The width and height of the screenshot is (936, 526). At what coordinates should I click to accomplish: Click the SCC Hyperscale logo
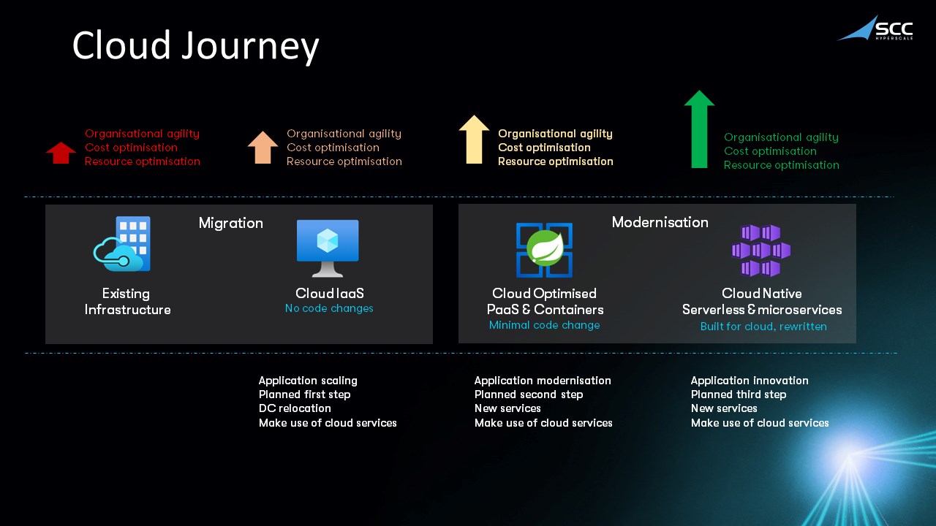[875, 28]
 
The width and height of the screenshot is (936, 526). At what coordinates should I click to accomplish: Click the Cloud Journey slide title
[195, 46]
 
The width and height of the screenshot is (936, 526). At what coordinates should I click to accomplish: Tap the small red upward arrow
[61, 153]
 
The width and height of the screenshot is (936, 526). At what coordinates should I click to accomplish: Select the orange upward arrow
[263, 148]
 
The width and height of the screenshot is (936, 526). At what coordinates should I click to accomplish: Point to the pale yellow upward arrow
[474, 140]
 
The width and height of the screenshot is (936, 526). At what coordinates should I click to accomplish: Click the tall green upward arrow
[699, 129]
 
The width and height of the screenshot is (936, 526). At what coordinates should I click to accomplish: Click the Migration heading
[231, 223]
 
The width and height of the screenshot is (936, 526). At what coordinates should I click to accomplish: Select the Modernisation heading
[660, 222]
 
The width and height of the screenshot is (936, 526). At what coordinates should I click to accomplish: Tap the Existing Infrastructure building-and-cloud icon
[123, 244]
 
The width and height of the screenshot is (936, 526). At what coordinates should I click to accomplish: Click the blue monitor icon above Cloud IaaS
[328, 248]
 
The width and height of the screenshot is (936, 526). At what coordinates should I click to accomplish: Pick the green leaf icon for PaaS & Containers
[544, 250]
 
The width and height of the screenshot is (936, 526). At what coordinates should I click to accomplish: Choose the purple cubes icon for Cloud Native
[760, 251]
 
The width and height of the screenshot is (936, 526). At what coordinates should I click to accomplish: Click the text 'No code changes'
[329, 308]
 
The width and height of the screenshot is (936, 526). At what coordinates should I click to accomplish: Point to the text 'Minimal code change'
[544, 325]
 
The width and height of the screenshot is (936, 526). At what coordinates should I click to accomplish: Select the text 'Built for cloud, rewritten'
[763, 327]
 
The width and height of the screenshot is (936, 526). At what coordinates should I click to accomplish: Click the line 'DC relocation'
[295, 408]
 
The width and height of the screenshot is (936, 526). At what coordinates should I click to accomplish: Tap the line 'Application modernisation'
[543, 381]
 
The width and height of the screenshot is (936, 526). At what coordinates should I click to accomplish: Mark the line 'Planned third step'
[739, 394]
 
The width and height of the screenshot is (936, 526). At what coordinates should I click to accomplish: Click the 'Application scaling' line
[308, 381]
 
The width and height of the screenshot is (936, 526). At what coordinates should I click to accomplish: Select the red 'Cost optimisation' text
[131, 148]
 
